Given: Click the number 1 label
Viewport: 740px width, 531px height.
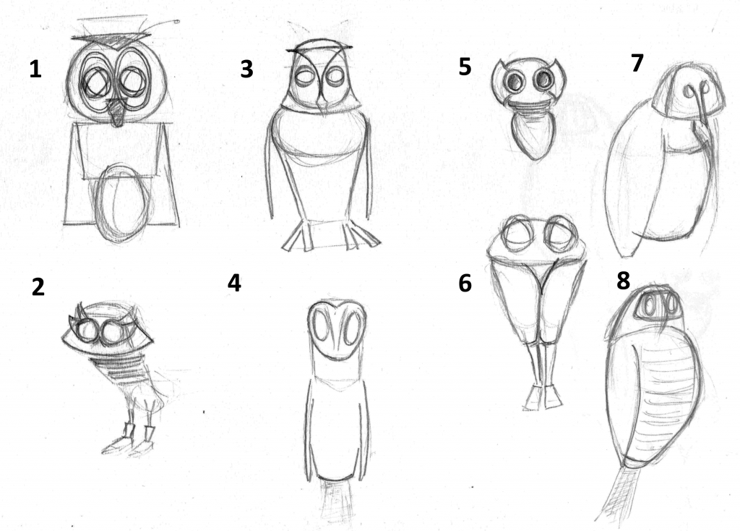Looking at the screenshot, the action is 35,69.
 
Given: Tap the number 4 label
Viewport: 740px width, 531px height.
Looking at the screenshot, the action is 235,283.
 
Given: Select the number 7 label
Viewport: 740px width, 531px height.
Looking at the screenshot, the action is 637,63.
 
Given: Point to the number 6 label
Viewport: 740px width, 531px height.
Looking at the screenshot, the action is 465,283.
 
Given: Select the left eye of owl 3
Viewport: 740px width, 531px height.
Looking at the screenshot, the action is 304,77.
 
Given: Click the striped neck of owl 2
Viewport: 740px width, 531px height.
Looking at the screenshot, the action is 118,367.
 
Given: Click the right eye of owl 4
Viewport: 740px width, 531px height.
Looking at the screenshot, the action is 352,327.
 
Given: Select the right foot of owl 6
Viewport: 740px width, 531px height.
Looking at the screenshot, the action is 553,396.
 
